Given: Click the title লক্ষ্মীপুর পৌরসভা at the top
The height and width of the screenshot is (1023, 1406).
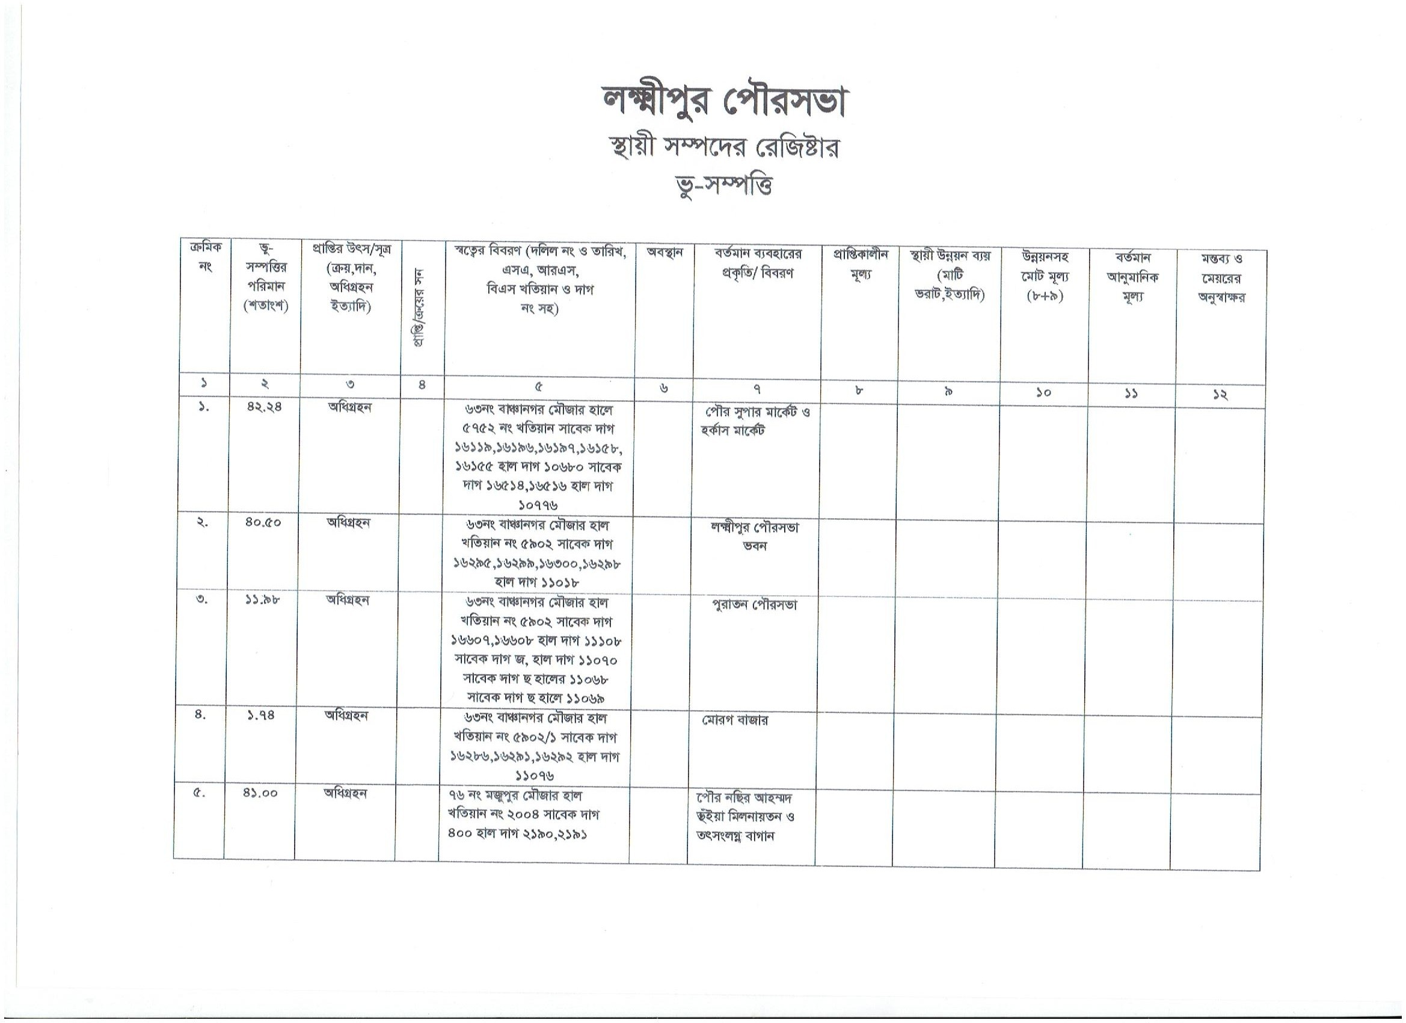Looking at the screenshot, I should (724, 101).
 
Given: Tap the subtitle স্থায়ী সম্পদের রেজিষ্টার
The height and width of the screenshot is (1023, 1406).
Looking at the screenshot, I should (724, 148).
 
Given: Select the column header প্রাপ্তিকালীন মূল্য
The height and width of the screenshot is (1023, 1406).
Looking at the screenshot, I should (861, 264).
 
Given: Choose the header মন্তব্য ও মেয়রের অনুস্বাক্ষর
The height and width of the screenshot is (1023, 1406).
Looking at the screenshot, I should (1221, 277).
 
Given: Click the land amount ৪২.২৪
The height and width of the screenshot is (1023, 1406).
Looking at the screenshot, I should (264, 407).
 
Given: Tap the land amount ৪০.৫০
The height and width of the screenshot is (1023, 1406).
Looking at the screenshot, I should (263, 522).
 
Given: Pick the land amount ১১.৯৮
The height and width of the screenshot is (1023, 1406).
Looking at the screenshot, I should (263, 600).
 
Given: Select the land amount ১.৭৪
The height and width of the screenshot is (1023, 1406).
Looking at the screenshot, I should (261, 715).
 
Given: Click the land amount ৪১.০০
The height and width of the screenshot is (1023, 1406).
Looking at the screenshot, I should (260, 793).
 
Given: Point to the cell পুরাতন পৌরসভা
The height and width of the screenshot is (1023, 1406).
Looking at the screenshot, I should (755, 604).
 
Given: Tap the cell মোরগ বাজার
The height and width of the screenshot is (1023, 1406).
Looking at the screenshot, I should (735, 720).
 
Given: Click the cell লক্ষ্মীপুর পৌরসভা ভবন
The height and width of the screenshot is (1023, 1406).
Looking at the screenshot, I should (755, 536).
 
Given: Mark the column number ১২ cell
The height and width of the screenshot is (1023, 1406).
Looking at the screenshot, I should (1220, 395).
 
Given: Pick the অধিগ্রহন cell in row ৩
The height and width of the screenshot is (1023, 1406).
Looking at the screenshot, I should (348, 600).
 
